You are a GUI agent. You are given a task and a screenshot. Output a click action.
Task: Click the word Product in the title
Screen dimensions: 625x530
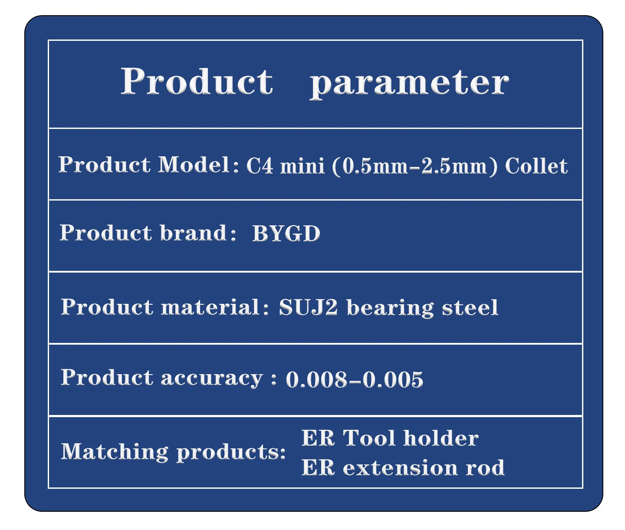(197, 81)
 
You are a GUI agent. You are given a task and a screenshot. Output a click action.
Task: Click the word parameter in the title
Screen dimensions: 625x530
(409, 85)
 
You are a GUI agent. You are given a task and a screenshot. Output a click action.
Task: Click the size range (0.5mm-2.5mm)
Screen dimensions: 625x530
(414, 167)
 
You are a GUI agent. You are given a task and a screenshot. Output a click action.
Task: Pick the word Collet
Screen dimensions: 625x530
(536, 166)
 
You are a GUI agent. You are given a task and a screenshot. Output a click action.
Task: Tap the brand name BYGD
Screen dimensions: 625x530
(286, 233)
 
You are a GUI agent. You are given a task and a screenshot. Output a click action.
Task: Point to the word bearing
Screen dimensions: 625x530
(390, 308)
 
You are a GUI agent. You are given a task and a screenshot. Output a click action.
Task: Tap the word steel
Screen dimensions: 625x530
(470, 307)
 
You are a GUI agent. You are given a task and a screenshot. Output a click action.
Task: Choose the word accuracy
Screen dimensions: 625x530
(212, 379)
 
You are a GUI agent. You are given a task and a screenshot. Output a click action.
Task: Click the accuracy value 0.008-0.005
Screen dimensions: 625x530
(354, 379)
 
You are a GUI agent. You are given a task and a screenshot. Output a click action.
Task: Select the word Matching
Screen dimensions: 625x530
(114, 452)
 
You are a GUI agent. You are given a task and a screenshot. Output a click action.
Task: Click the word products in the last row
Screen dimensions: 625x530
(231, 453)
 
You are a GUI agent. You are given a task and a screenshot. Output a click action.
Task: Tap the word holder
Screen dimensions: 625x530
(441, 438)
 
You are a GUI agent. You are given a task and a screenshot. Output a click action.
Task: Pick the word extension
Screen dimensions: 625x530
(400, 468)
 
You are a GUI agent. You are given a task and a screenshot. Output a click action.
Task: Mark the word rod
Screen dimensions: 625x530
(485, 468)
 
